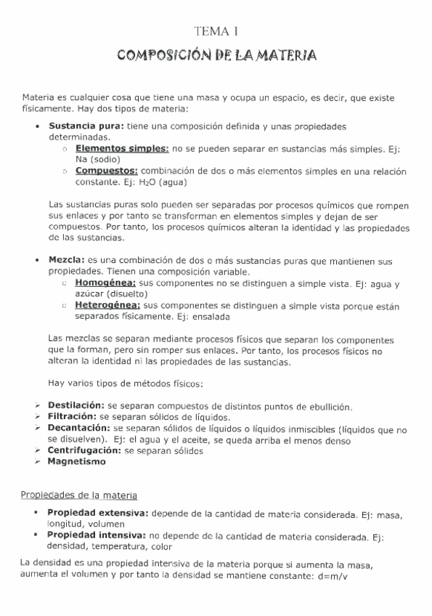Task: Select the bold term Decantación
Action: (78, 429)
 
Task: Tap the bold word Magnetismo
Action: (76, 462)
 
